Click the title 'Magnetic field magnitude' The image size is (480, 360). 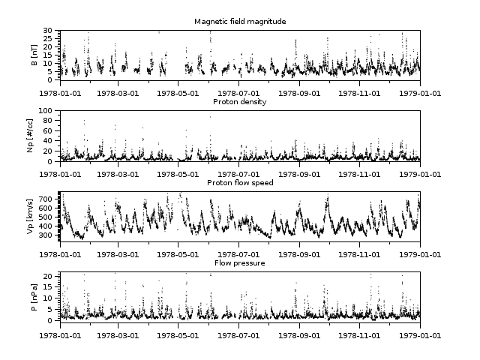(x=239, y=21)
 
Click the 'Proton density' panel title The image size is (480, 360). (x=239, y=101)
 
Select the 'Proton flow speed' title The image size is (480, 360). (x=239, y=182)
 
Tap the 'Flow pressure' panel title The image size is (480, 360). (x=239, y=263)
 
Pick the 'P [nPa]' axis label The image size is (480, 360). (x=34, y=298)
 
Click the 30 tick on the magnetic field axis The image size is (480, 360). (x=47, y=31)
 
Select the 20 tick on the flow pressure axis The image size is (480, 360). (x=47, y=277)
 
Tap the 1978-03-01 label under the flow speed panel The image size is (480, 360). (x=119, y=255)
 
